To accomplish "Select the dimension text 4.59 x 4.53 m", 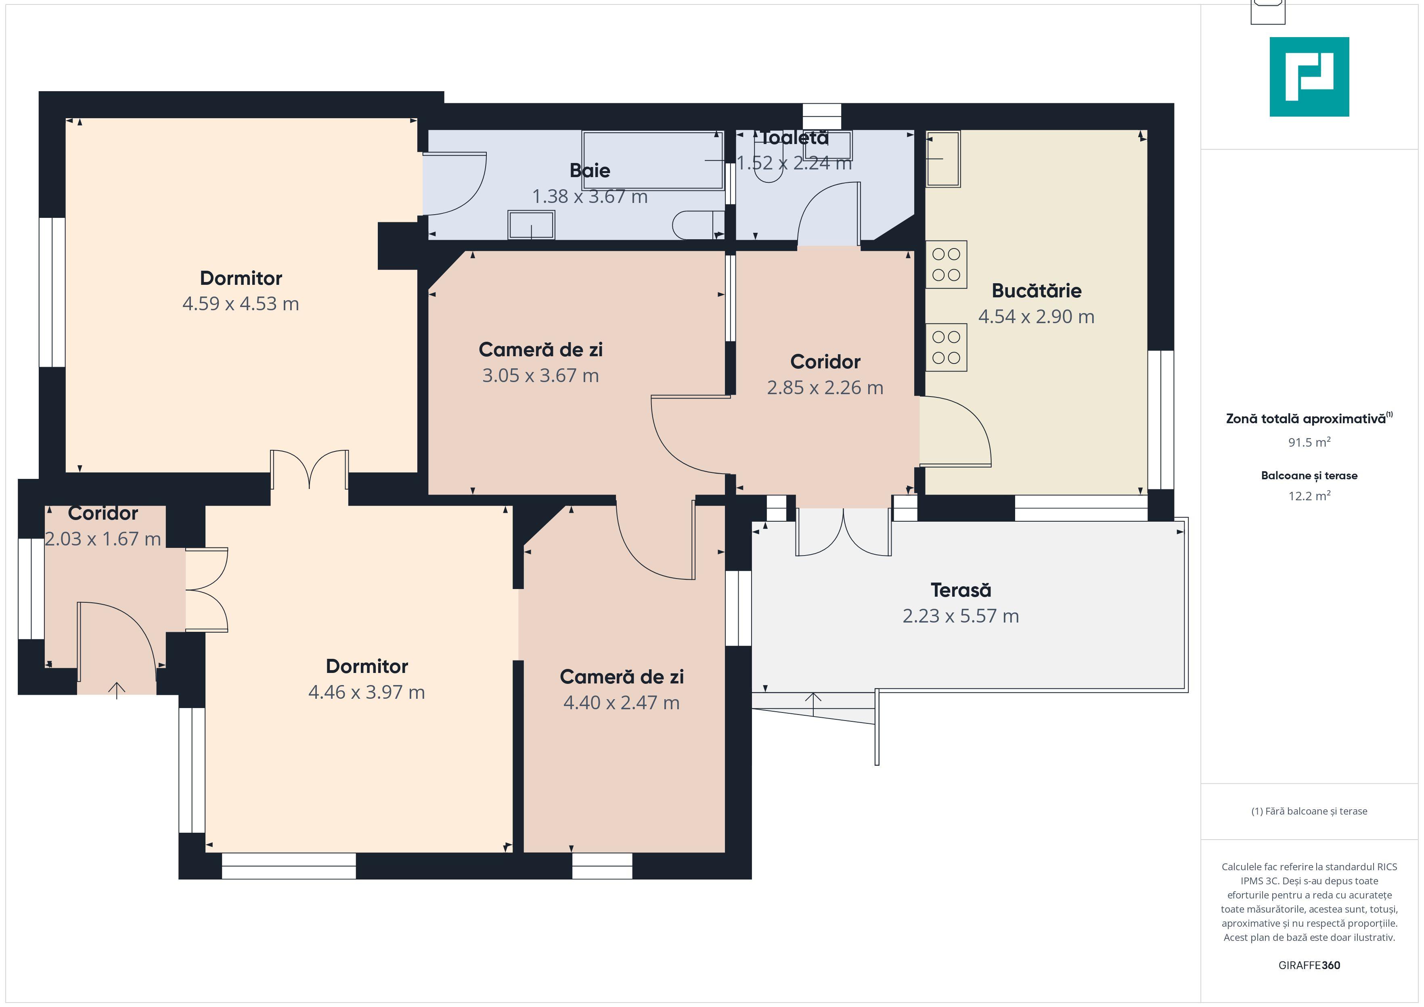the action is (241, 304).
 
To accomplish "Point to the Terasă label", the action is (961, 590).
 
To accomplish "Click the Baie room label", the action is (590, 171).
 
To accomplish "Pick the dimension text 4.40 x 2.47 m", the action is (622, 702).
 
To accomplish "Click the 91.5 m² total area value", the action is (1309, 442).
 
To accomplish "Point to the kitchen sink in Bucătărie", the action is (943, 159).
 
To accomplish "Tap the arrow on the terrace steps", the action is (813, 704).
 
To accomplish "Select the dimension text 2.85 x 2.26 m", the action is (825, 388).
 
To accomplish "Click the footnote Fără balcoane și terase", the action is (1309, 811).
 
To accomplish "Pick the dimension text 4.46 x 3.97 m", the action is (366, 692).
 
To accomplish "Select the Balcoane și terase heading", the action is (1309, 476).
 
